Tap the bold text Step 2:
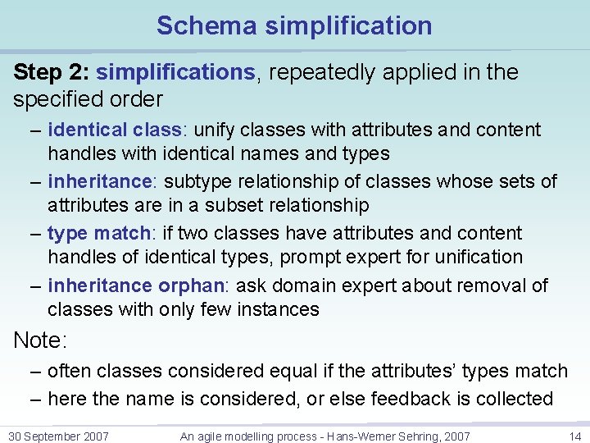[51, 72]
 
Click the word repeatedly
[319, 72]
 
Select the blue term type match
[90, 234]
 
